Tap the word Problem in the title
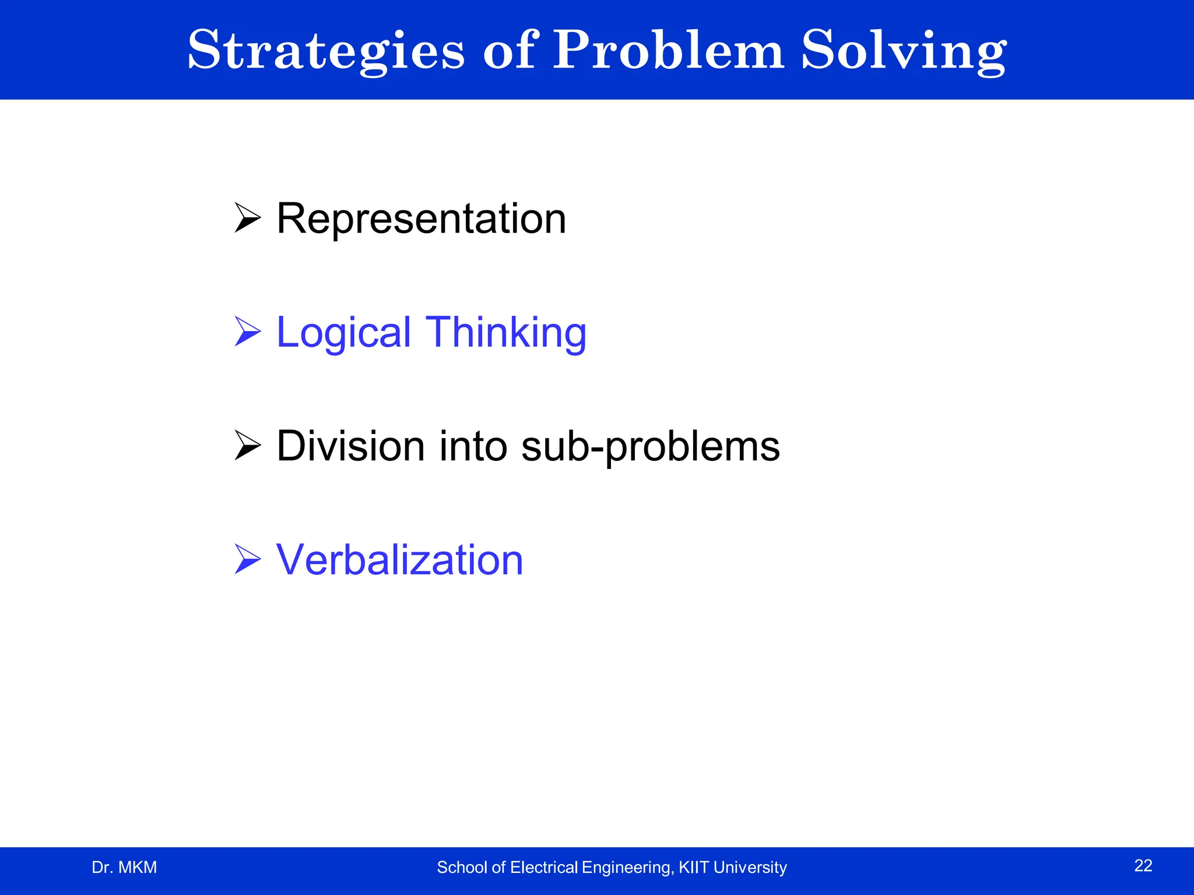[668, 51]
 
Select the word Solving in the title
[903, 51]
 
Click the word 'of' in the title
[508, 51]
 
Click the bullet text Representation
[421, 219]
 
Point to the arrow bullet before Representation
[247, 218]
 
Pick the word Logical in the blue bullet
[343, 333]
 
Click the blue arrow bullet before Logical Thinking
[247, 332]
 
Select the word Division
[350, 446]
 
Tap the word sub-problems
[650, 447]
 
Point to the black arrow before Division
[247, 446]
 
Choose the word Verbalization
[399, 560]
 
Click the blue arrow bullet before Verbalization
[247, 559]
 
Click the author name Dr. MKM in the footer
[124, 868]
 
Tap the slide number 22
[1143, 866]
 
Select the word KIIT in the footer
[694, 868]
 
